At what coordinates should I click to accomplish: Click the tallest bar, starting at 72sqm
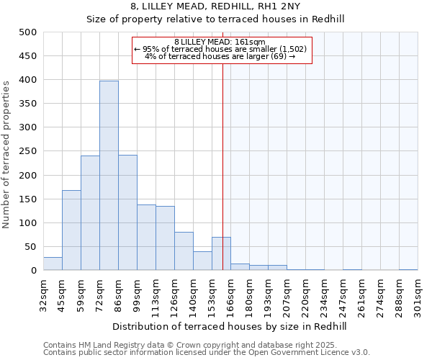click(109, 176)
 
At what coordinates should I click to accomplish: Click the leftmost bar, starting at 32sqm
click(53, 264)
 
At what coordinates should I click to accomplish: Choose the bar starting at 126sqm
click(184, 251)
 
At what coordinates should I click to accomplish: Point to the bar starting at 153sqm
click(221, 254)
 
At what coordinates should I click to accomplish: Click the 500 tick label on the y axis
click(28, 32)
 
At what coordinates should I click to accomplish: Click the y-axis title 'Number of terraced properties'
click(6, 154)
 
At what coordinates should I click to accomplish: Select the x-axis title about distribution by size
click(230, 327)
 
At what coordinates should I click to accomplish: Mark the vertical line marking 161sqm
click(222, 144)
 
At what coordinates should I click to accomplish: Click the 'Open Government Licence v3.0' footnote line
click(207, 353)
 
